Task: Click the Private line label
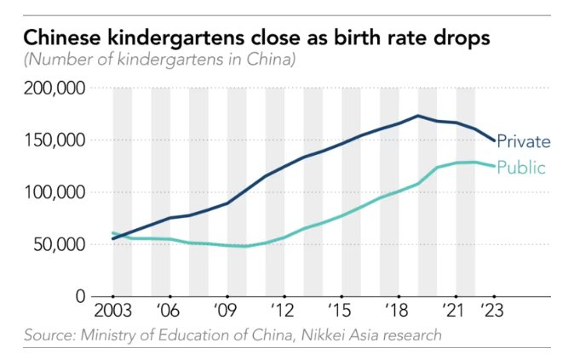523,141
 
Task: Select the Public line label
520,167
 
